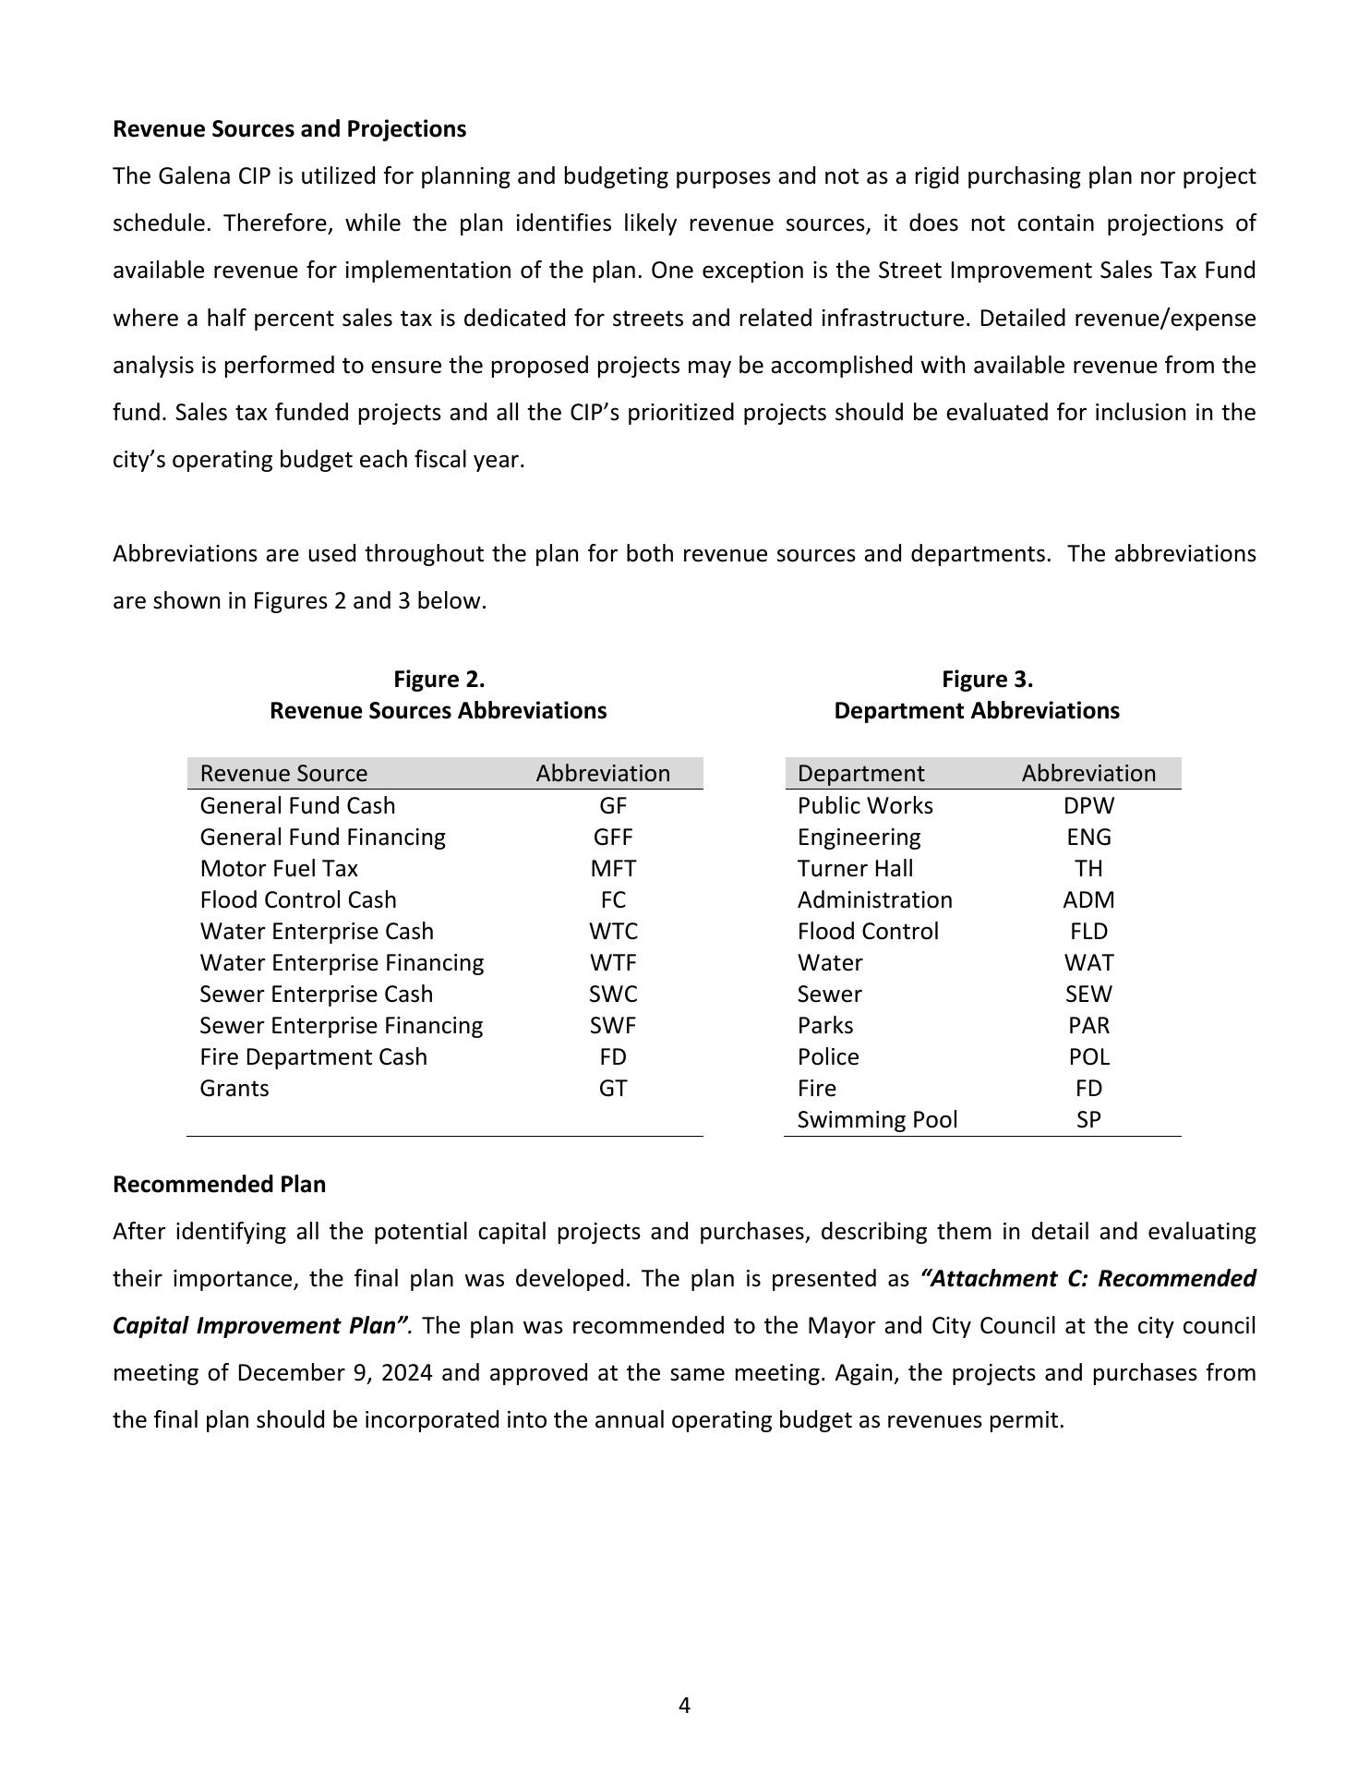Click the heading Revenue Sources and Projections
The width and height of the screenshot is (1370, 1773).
289,128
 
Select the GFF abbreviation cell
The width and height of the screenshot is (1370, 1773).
613,837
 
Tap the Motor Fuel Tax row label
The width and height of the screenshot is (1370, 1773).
279,868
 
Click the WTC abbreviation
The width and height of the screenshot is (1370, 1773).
613,931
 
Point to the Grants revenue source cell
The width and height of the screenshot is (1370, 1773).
234,1088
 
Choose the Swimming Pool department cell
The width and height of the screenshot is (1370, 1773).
877,1119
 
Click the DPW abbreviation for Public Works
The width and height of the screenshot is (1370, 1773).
1088,805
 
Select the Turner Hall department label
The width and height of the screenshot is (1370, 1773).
855,868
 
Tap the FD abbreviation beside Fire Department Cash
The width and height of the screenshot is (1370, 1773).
613,1056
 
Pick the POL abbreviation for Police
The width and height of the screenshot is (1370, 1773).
1088,1056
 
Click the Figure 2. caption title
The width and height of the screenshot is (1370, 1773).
439,680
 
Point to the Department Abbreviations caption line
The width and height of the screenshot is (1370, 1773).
976,710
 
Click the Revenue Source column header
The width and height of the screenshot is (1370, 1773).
283,773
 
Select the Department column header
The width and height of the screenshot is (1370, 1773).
860,773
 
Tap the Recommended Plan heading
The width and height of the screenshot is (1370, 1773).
219,1184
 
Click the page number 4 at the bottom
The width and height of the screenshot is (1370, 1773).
684,1706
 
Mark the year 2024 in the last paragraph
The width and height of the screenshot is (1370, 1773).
406,1372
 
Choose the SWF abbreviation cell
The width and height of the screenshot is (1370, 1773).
613,1025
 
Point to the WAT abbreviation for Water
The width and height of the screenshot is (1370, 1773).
1088,962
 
